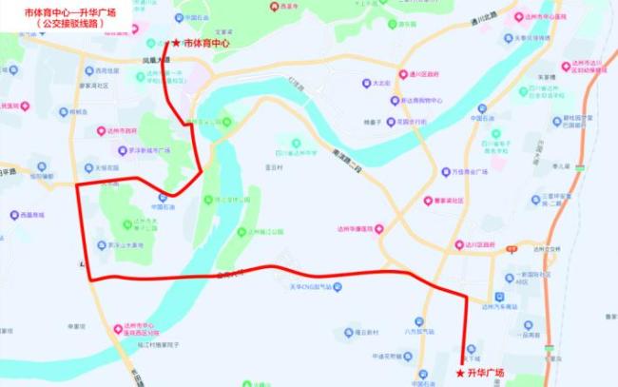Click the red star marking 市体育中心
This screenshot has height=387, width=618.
pyautogui.click(x=174, y=43)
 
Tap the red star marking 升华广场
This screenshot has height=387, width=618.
pyautogui.click(x=460, y=373)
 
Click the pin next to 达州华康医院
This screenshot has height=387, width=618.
pyautogui.click(x=380, y=228)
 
